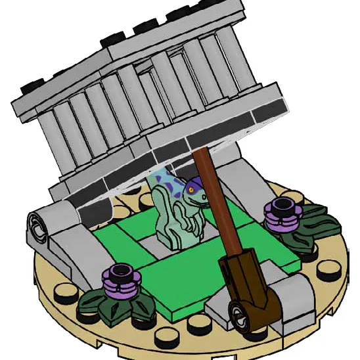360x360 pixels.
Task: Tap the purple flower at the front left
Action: (x=121, y=277)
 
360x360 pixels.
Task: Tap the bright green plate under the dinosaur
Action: (x=177, y=276)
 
